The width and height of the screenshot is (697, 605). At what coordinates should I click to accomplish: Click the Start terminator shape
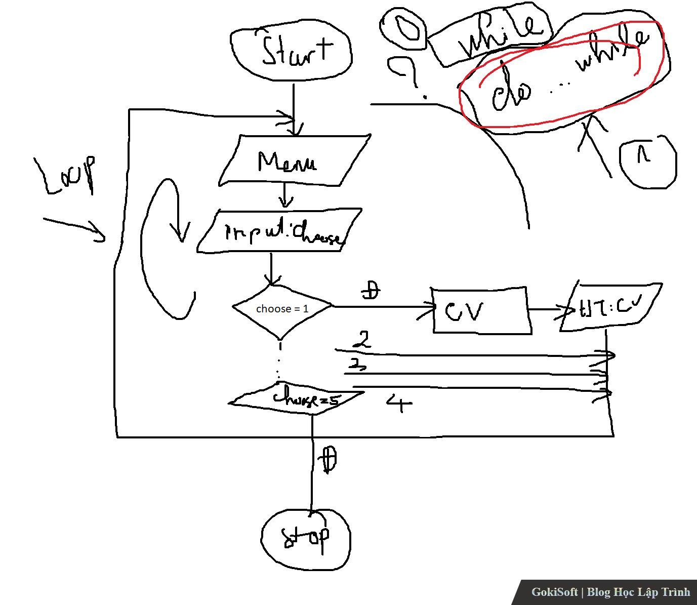[291, 53]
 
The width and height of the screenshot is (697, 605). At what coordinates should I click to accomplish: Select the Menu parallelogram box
[294, 160]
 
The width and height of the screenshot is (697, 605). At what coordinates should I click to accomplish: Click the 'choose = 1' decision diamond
[282, 308]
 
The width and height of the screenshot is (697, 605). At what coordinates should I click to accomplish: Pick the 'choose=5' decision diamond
[296, 400]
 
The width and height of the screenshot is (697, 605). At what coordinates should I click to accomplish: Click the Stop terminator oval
[306, 538]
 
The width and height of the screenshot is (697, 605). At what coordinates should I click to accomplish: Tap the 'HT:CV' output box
[610, 307]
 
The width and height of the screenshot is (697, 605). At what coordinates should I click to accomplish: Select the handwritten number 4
[400, 403]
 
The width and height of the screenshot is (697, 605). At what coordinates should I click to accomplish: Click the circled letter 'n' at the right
[647, 161]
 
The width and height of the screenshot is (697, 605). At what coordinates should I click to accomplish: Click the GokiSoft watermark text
[610, 592]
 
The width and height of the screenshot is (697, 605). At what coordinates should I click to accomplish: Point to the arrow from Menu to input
[285, 195]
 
